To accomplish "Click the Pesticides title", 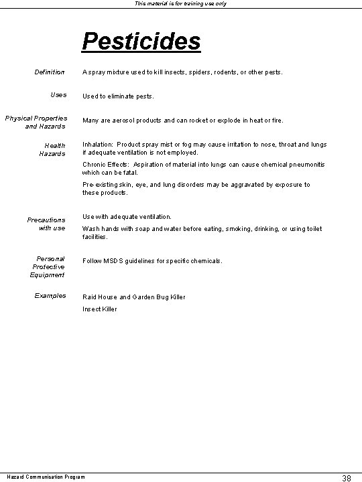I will (x=141, y=42).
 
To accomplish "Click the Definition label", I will (x=50, y=72).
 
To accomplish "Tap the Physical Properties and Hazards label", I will (x=36, y=122).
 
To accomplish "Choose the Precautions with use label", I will (x=46, y=224).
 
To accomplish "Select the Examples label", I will (x=50, y=296).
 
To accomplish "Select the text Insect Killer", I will (x=100, y=309).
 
